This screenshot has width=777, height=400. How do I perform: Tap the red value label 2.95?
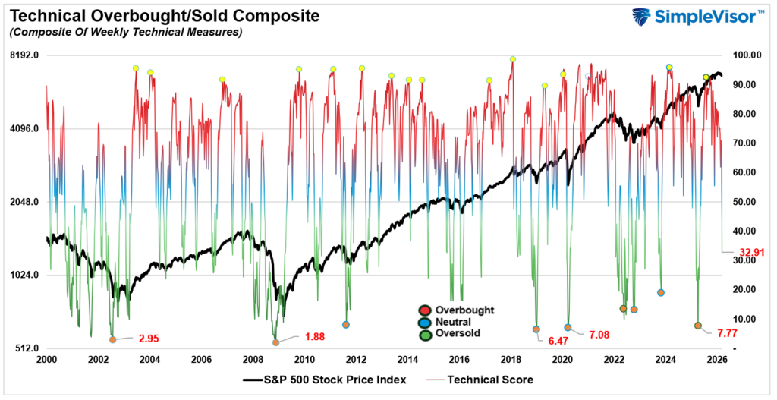[149, 338]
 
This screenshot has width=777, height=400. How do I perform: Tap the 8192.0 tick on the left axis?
[24, 55]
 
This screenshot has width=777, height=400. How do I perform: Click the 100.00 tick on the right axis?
[746, 55]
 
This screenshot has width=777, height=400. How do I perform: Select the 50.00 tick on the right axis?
[746, 202]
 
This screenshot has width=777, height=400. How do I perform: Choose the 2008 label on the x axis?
[253, 360]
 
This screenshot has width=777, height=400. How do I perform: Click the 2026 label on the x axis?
[717, 360]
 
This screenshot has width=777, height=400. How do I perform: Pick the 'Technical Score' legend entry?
[489, 380]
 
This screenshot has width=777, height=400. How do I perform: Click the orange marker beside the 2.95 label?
[113, 340]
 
